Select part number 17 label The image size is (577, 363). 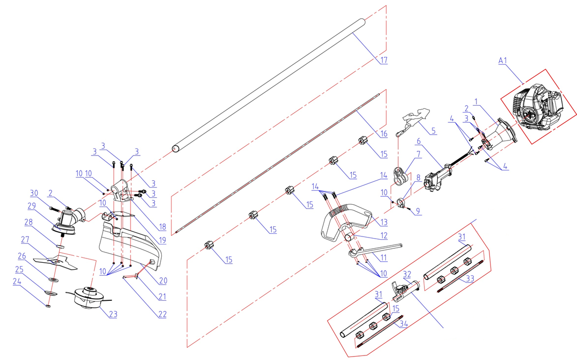383,60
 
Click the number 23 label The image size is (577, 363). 112,314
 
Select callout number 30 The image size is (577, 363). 34,193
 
